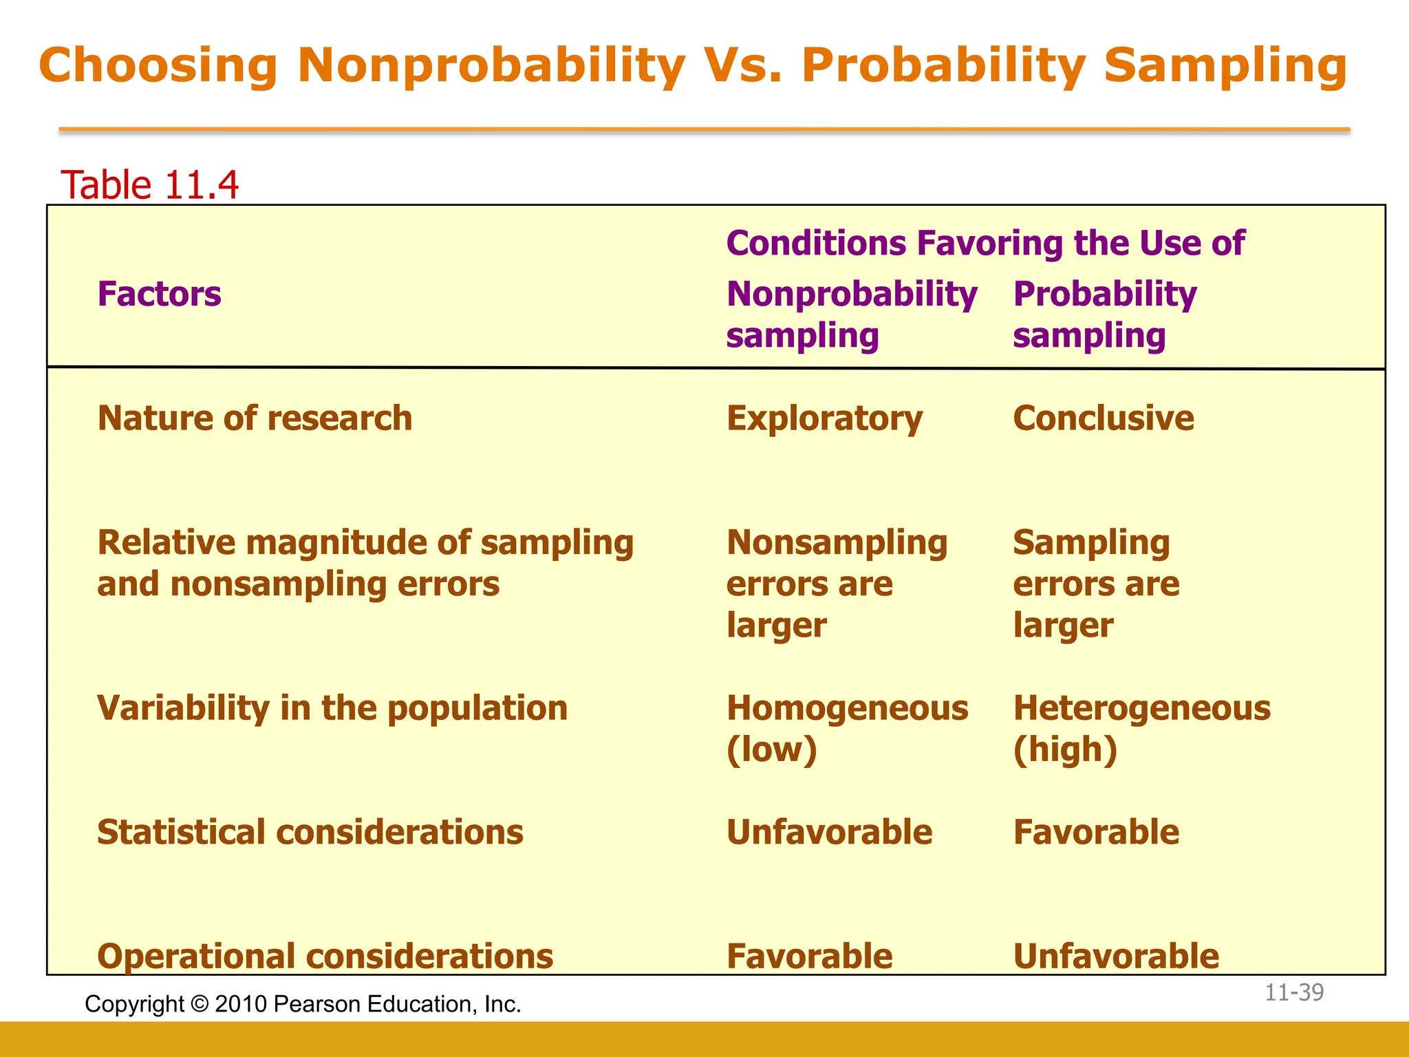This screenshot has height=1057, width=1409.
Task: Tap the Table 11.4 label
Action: point(149,185)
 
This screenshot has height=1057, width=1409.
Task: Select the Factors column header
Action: point(159,294)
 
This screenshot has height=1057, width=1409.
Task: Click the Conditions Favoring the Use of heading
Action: point(985,243)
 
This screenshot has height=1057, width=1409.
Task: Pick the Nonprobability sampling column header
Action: point(851,314)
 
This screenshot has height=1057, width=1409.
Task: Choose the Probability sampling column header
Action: point(1104,314)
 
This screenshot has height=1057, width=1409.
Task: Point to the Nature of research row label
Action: point(255,418)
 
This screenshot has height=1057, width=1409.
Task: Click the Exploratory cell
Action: point(824,418)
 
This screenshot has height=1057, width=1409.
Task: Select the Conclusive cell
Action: point(1104,418)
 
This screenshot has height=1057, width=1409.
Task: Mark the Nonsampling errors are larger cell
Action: point(837,584)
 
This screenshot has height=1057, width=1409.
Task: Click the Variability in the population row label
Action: point(332,708)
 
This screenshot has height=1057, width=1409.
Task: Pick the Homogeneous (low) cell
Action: point(847,728)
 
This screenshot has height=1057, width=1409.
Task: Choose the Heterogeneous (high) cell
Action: point(1141,728)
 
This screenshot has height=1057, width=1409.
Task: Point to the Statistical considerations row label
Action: point(310,832)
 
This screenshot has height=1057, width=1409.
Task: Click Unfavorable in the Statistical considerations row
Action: point(829,832)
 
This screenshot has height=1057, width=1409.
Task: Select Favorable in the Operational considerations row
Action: point(809,956)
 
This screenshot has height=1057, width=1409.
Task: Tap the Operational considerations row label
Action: point(325,956)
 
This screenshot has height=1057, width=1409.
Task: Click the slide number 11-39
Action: point(1294,992)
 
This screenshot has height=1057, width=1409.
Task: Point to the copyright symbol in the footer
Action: point(200,1005)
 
